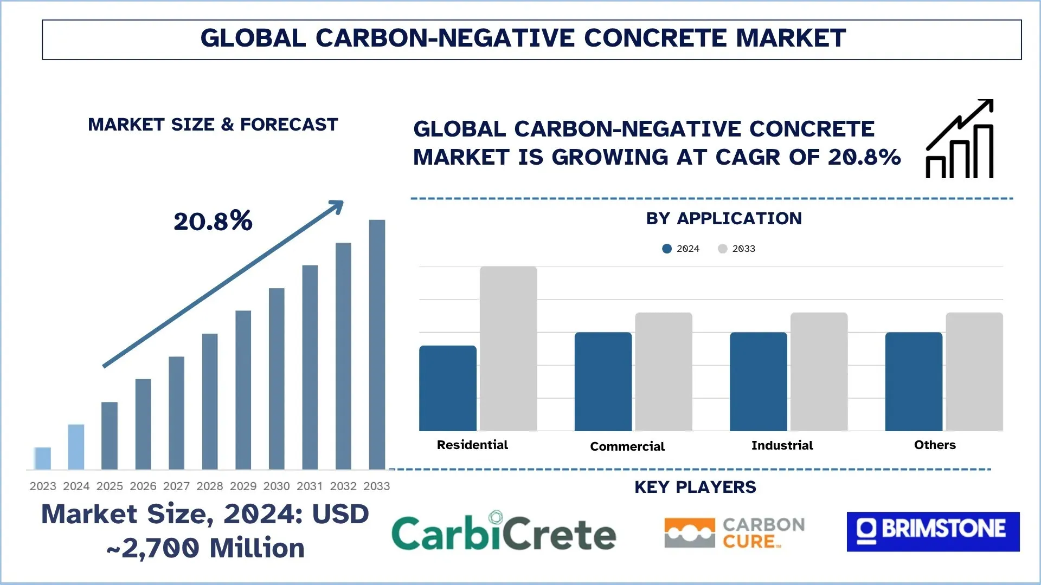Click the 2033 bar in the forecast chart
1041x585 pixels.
(377, 344)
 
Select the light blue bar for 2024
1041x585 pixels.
(76, 447)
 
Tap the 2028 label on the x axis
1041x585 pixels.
(210, 486)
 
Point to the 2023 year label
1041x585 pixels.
(43, 486)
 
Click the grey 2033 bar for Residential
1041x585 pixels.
(508, 349)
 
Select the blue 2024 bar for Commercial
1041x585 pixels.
(603, 381)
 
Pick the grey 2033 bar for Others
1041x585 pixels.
(974, 372)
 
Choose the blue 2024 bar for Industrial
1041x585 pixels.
(758, 381)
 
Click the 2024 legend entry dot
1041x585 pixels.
(667, 249)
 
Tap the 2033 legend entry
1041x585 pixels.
(737, 249)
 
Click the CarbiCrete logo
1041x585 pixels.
(504, 532)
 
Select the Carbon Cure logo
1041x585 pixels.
(735, 533)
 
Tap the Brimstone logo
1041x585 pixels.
(933, 531)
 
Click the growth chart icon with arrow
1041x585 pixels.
(960, 139)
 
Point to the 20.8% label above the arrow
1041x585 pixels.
(213, 221)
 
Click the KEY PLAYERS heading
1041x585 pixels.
(695, 487)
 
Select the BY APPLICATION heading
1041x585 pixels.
(724, 218)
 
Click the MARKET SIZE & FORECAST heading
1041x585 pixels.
(213, 125)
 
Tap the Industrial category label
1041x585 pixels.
(782, 445)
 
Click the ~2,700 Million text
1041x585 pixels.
(206, 548)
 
